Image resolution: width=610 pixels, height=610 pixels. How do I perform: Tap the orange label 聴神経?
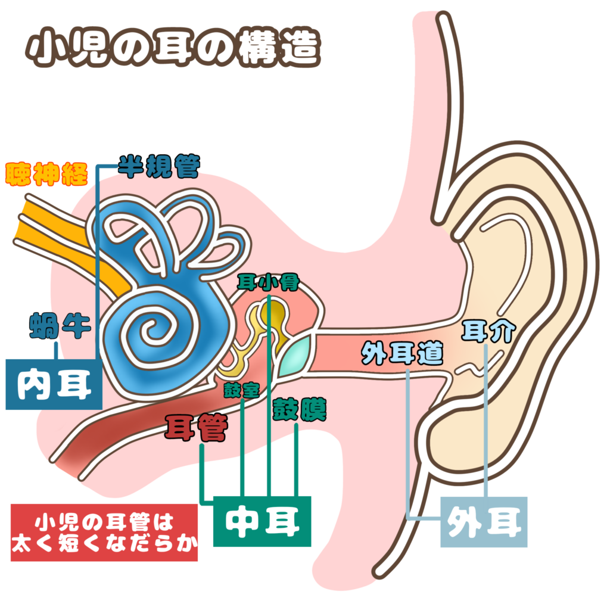pos(46,174)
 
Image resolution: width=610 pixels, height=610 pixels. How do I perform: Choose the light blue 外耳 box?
pos(484,522)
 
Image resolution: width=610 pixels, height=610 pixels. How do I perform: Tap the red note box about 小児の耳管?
pos(104,533)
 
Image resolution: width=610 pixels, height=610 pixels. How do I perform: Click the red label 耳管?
pos(195,427)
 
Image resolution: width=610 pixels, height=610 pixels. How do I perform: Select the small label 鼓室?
pos(241,390)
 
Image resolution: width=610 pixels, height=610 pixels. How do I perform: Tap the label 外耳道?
pos(403,354)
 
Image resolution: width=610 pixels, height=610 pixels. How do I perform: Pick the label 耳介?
pos(487,331)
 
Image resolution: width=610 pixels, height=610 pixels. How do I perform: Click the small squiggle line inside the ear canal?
pos(471,370)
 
